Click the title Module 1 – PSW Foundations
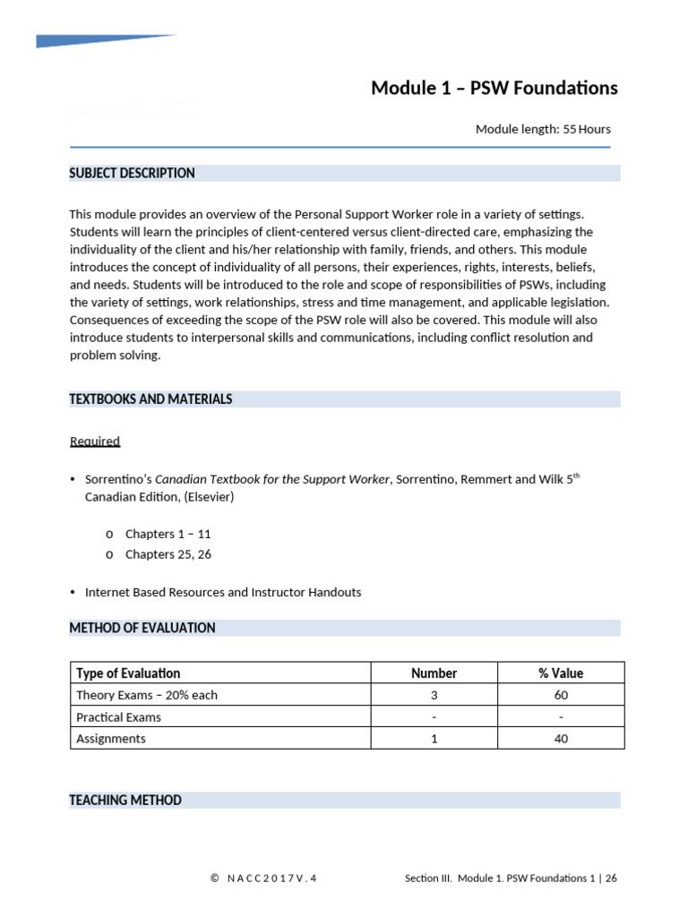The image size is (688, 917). [494, 88]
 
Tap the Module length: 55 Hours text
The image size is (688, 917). [543, 129]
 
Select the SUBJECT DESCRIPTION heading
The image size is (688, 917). [132, 173]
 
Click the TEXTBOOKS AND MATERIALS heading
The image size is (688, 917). [150, 399]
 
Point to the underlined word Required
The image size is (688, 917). [95, 441]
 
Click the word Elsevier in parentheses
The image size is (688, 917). [208, 496]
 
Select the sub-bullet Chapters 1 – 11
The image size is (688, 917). [168, 534]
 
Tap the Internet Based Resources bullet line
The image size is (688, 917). [223, 592]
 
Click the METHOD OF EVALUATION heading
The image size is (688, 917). [142, 629]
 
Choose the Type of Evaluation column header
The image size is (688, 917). [128, 673]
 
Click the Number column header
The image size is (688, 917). [434, 673]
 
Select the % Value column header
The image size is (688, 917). [561, 673]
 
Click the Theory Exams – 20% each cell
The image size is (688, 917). [147, 695]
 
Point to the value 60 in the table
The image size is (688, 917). [561, 695]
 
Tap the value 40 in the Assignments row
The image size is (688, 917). [561, 739]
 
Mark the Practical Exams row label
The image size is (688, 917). [119, 717]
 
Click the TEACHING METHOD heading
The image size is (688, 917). [125, 801]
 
